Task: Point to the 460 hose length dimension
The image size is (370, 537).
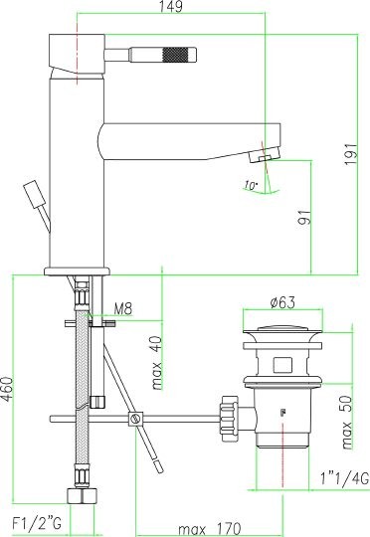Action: (x=8, y=396)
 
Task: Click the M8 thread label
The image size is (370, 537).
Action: (x=123, y=309)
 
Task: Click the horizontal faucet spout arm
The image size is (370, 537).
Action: (x=189, y=134)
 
